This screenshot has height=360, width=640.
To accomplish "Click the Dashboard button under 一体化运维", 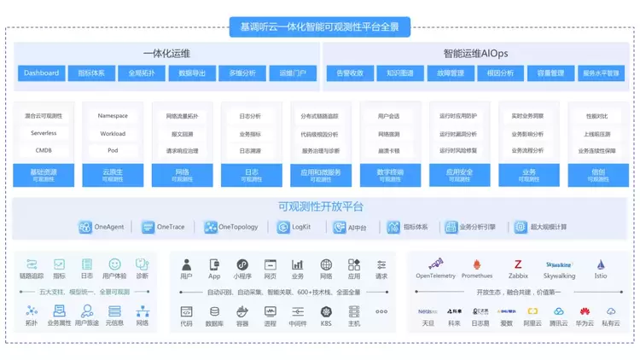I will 42,73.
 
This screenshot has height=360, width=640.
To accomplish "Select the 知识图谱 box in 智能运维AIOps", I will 399,73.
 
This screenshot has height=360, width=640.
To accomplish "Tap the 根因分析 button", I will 500,73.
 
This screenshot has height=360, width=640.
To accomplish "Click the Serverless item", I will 44,133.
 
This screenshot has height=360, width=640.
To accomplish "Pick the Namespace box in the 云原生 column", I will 113,116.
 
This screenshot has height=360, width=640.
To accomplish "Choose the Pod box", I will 113,150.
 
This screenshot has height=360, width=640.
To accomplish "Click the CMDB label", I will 44,150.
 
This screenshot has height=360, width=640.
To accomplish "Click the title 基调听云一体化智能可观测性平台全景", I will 320,27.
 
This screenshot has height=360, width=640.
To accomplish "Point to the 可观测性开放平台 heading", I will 320,206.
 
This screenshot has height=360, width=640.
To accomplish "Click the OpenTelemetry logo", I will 436,264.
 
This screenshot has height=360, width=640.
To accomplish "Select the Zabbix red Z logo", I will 518,264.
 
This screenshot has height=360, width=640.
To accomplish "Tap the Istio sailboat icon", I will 601,264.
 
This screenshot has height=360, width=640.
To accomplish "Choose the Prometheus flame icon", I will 477,264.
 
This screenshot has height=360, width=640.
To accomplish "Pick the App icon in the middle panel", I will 214,264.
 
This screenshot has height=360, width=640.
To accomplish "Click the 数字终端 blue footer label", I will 389,175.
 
